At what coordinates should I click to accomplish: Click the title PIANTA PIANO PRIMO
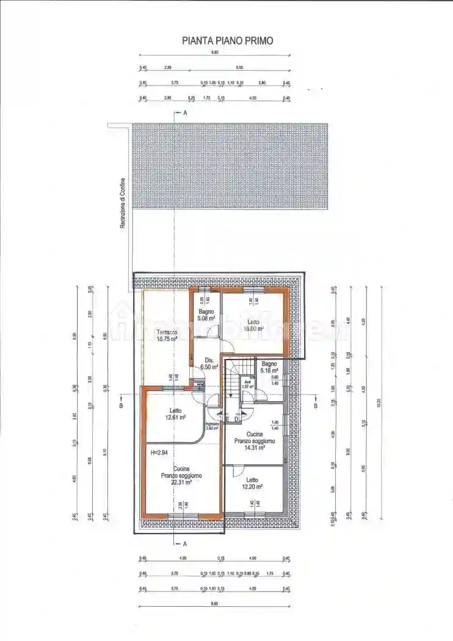228,41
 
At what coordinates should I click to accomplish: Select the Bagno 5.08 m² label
206,314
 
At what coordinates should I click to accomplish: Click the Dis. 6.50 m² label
209,364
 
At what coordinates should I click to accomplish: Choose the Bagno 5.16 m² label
269,367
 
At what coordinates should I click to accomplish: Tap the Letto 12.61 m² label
175,414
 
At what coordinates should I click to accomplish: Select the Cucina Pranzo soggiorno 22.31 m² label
181,475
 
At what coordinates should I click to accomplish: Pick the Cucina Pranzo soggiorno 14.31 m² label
255,440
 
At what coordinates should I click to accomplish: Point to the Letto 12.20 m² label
252,483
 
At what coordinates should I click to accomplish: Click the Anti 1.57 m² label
247,385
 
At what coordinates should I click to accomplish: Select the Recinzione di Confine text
122,203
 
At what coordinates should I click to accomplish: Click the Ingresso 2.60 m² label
212,426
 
